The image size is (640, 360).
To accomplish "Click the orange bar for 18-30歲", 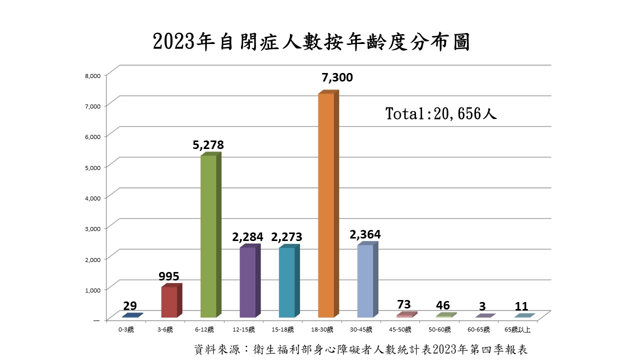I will pyautogui.click(x=326, y=205).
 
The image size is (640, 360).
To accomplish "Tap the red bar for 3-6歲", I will pyautogui.click(x=169, y=302).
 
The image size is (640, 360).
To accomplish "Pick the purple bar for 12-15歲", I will pyautogui.click(x=247, y=282).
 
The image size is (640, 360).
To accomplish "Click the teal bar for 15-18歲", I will pyautogui.click(x=287, y=282).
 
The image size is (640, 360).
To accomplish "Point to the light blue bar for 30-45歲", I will pyautogui.click(x=365, y=281).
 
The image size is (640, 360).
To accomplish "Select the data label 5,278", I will pyautogui.click(x=208, y=145).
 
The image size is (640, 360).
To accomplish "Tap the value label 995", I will pyautogui.click(x=168, y=276).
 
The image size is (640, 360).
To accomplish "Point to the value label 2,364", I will pyautogui.click(x=365, y=234).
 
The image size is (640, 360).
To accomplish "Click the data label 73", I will pyautogui.click(x=403, y=304).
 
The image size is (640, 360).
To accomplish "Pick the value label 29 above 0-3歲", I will pyautogui.click(x=130, y=306).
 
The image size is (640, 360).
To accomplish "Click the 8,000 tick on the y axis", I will pyautogui.click(x=94, y=75).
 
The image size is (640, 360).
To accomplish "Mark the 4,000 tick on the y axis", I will pyautogui.click(x=94, y=197).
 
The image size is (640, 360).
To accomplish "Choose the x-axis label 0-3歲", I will pyautogui.click(x=126, y=329).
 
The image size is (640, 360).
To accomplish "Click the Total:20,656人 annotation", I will pyautogui.click(x=440, y=113).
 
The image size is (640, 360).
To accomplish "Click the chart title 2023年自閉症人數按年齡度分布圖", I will pyautogui.click(x=311, y=42).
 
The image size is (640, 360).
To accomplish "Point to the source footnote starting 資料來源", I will pyautogui.click(x=360, y=349).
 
